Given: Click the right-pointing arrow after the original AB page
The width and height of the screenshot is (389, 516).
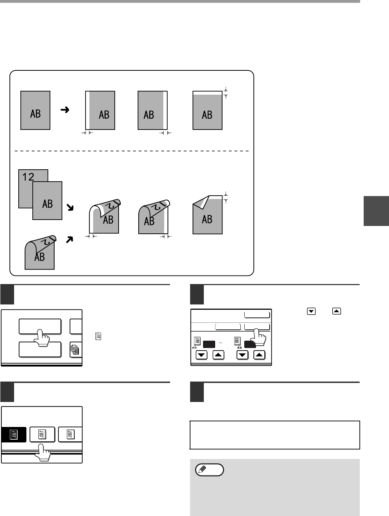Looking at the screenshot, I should pos(65,110).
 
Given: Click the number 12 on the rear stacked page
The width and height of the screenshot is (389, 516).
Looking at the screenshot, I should pos(28,176).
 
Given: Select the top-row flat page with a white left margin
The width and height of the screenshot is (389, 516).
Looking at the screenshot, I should pos(100,110).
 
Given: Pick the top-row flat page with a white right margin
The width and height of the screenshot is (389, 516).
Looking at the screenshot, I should pos(152,110).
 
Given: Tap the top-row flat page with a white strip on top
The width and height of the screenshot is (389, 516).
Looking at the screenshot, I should pos(207,110).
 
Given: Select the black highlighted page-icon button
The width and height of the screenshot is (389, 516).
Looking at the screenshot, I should pos(14,434).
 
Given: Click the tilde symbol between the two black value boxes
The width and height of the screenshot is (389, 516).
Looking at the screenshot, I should pos(220,343).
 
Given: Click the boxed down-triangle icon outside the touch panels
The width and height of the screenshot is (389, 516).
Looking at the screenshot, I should pos(311,311).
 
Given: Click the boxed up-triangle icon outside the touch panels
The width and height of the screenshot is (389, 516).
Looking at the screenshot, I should pos(337,311).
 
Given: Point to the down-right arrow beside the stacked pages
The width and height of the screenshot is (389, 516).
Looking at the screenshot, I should pos(71,208).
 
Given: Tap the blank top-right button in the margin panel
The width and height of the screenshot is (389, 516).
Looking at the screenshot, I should pos(257,315).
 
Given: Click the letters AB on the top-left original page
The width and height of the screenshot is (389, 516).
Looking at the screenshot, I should pos(35,113).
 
